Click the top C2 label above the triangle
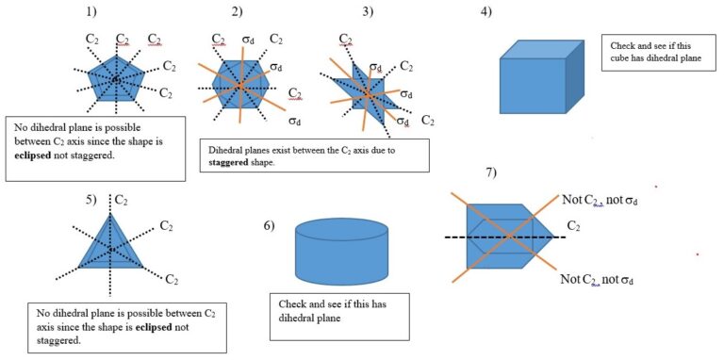121,199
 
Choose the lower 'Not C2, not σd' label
597,280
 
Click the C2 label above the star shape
346,40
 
